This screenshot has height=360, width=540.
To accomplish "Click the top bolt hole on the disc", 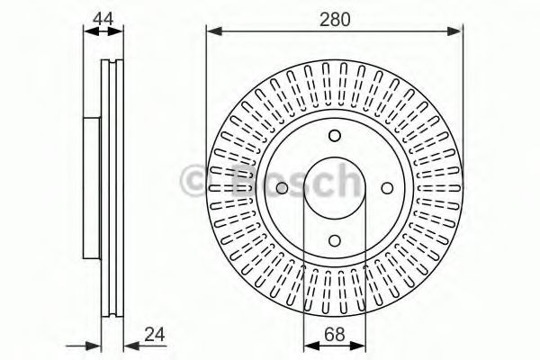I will coord(334,136).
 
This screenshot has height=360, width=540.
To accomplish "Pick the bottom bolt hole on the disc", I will coord(334,240).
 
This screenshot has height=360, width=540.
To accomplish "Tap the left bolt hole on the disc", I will coord(282,188).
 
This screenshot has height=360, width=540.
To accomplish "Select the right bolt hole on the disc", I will coord(386,188).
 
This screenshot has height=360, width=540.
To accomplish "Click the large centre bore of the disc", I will coord(334,188).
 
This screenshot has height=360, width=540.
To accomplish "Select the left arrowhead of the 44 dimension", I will coord(87,32).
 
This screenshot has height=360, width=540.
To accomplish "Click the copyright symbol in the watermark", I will coord(196,182).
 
